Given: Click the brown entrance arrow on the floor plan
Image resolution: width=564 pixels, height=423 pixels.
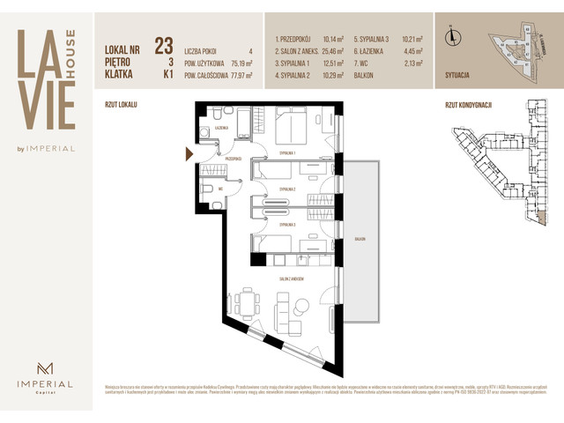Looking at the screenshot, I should tap(188, 154).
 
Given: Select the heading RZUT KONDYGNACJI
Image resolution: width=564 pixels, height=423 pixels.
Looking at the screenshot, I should tap(468, 104).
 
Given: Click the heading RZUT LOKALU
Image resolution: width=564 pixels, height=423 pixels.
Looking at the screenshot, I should tap(121, 104).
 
